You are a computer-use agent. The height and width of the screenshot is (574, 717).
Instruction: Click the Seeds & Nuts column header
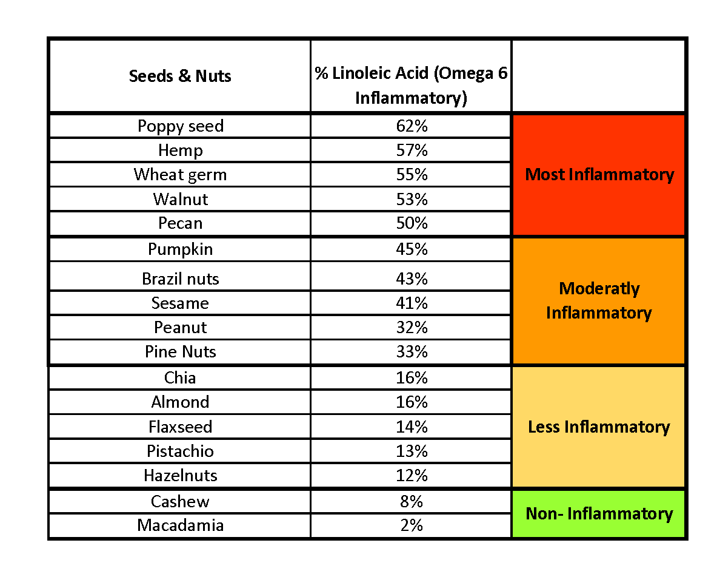click(180, 76)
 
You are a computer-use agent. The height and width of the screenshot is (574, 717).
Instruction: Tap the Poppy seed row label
click(180, 126)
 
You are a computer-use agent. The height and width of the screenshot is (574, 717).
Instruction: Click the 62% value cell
click(412, 126)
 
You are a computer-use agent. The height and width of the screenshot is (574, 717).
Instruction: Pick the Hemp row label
click(180, 150)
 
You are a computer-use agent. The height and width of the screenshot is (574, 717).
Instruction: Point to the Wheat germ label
click(180, 175)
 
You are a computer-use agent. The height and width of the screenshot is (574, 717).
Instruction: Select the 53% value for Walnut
click(412, 199)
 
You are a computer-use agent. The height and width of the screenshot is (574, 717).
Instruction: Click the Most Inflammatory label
click(599, 175)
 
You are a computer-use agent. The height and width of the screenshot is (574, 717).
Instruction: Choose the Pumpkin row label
click(180, 249)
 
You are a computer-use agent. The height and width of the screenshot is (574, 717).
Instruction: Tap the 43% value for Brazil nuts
click(412, 279)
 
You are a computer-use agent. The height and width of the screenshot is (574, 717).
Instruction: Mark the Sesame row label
click(180, 303)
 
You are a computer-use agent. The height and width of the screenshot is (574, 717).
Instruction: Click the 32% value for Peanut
click(412, 328)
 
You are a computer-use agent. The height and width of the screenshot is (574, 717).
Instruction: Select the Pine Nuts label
click(180, 352)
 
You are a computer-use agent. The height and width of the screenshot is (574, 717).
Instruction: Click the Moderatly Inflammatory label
click(599, 300)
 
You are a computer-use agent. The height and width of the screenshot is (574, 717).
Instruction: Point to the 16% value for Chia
click(412, 378)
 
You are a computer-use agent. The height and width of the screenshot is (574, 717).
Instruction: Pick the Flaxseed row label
click(180, 427)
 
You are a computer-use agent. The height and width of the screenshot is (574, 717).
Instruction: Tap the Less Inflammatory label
click(599, 427)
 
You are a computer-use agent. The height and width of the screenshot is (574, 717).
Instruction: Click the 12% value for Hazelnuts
click(412, 476)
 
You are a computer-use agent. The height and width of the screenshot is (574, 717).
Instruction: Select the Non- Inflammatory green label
click(599, 514)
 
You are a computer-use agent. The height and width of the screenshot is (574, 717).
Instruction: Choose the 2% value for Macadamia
click(412, 525)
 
